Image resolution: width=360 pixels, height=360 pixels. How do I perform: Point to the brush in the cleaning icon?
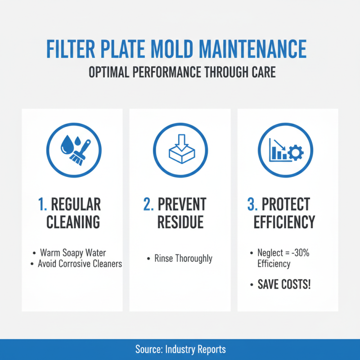click(79, 152)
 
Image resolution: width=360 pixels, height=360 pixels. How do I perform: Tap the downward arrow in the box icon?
click(180, 141)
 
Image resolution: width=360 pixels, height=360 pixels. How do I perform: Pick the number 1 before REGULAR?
click(42, 204)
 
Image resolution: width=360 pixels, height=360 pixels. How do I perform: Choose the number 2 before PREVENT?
click(148, 204)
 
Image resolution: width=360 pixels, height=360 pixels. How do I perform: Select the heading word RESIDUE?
click(180, 222)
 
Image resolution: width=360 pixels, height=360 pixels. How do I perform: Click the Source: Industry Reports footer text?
click(180, 349)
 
